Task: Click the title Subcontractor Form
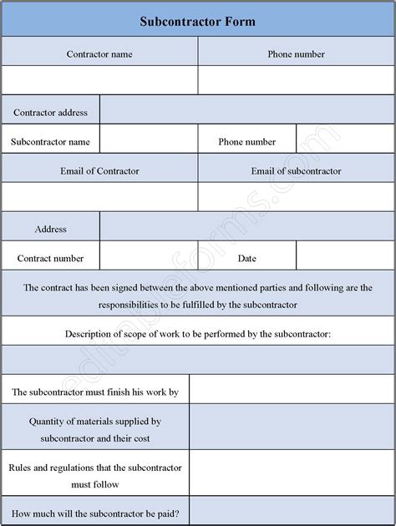(x=198, y=21)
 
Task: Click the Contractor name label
(x=99, y=54)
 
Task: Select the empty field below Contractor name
(x=99, y=80)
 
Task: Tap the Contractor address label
(x=51, y=112)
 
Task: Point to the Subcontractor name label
(x=51, y=142)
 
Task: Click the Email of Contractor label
(x=99, y=171)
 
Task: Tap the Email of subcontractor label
(x=296, y=171)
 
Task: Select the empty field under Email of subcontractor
(x=296, y=197)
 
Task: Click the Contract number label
(x=51, y=259)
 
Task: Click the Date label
(x=246, y=259)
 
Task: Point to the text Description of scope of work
(x=198, y=334)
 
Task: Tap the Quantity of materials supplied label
(x=95, y=429)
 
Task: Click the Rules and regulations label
(x=95, y=475)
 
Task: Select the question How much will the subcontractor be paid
(x=95, y=513)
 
